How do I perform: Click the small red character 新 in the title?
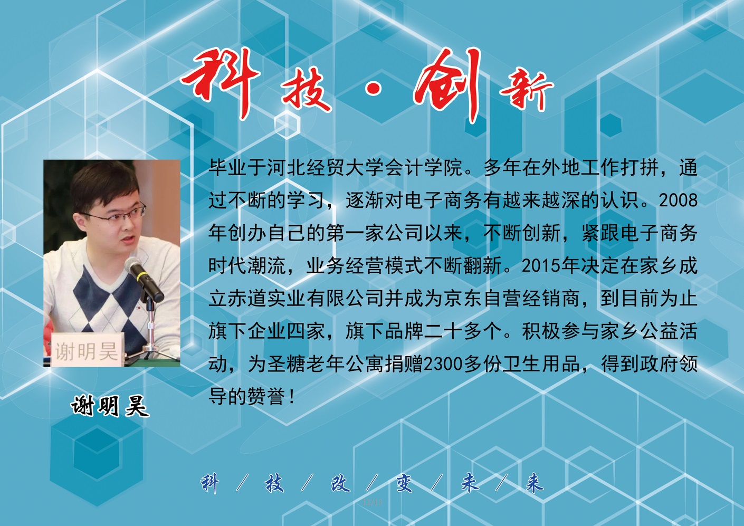tap(527, 91)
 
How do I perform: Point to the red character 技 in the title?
tap(307, 89)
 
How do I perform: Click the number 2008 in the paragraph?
tap(678, 200)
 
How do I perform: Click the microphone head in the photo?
tap(134, 267)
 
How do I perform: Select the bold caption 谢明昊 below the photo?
tap(110, 406)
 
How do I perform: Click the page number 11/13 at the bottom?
tap(373, 502)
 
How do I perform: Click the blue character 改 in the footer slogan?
tap(340, 483)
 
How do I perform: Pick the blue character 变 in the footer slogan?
tap(404, 483)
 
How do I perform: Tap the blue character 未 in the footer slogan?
tap(470, 483)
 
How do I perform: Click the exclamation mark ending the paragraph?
tap(292, 397)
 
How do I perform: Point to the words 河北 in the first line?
tap(287, 167)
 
